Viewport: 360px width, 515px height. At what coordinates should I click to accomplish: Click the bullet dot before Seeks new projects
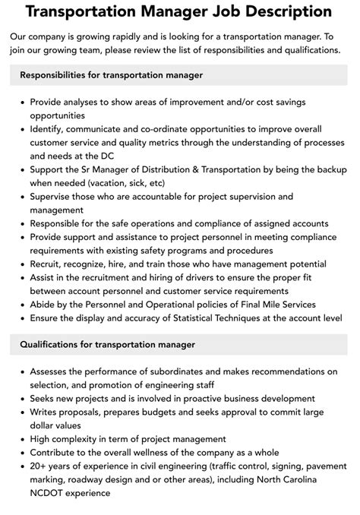23,399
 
